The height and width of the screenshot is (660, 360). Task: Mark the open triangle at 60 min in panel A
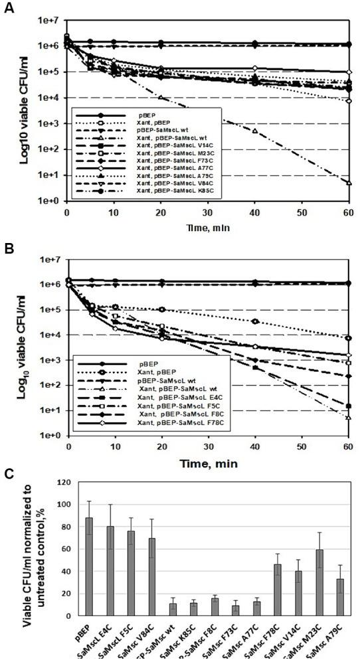(x=349, y=183)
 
